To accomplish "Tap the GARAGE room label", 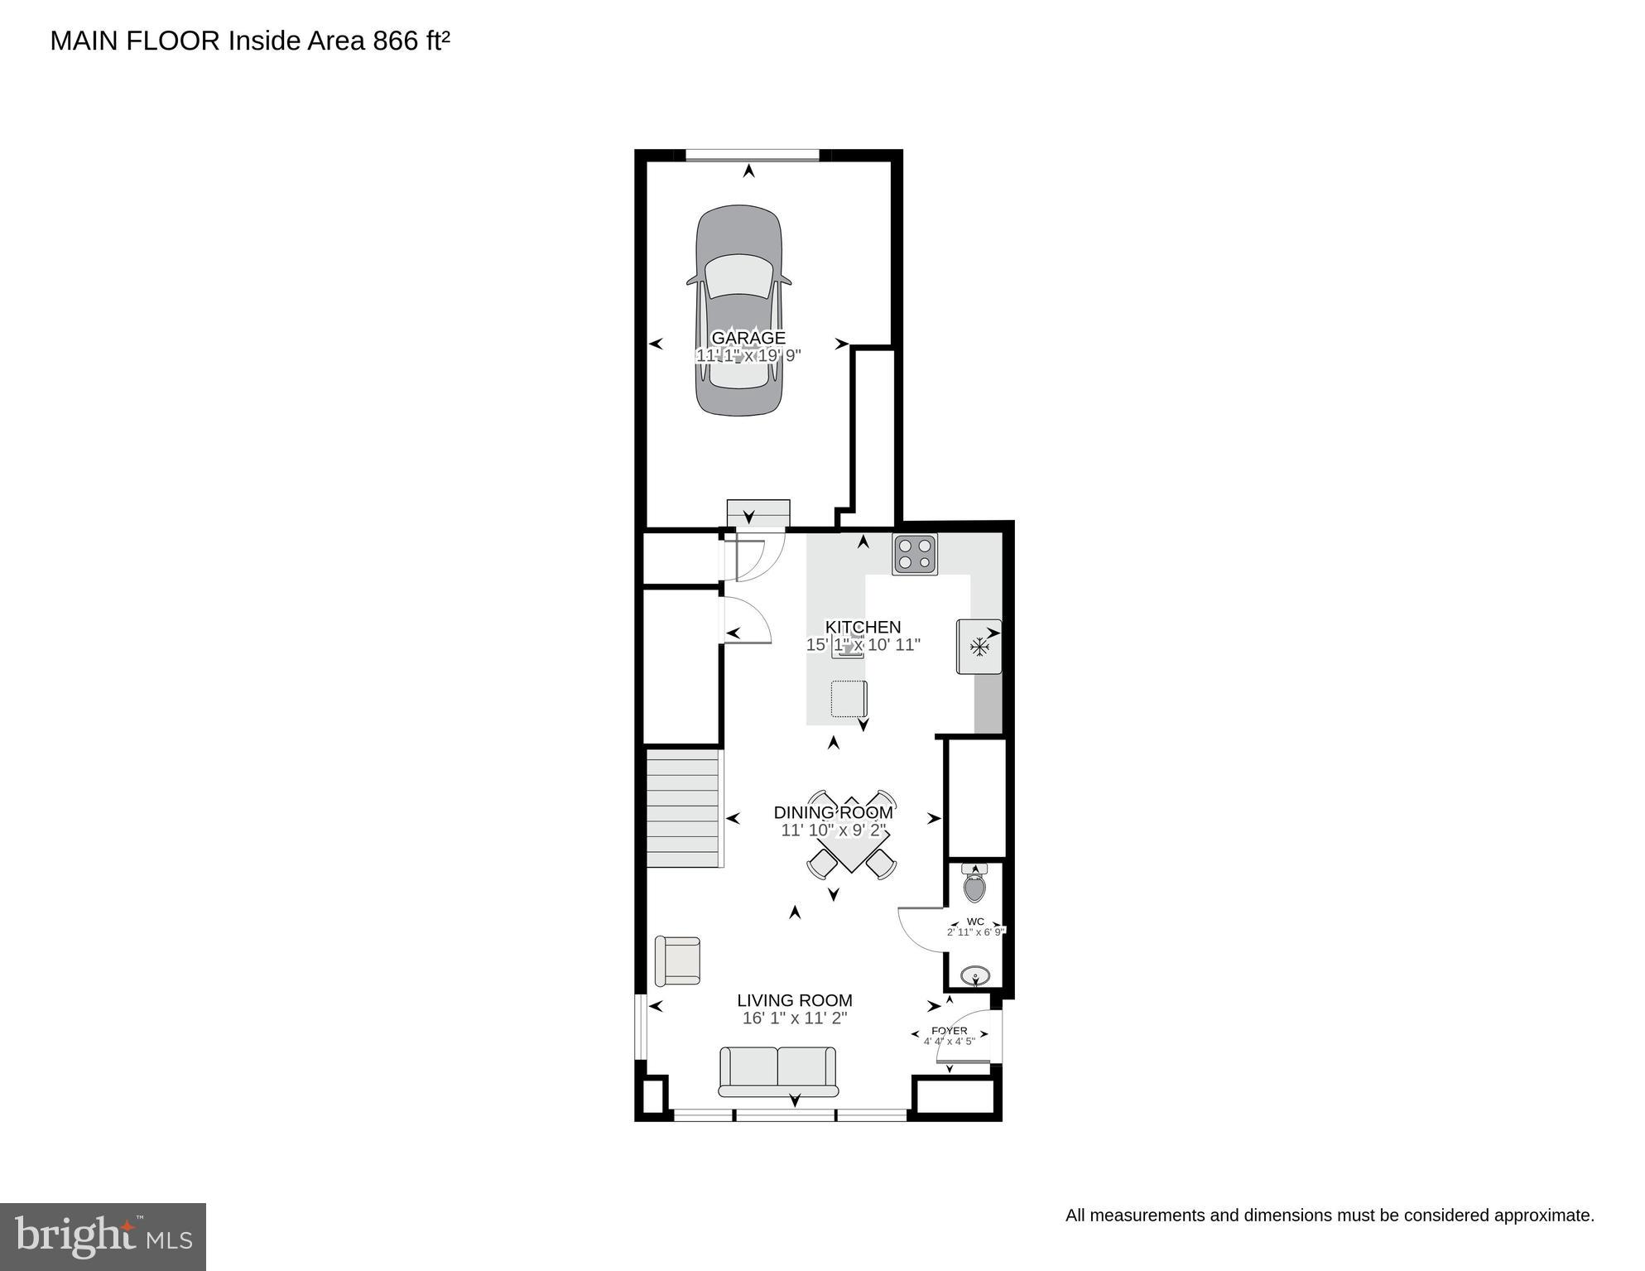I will [748, 338].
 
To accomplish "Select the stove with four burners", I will [915, 555].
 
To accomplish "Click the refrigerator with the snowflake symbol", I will [979, 646].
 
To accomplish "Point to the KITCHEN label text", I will [863, 627].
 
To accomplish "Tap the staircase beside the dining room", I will [682, 807].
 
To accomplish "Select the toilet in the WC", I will [975, 886].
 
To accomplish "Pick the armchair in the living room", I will [678, 960].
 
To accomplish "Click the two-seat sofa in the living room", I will [777, 1071].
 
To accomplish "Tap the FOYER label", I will [950, 1031].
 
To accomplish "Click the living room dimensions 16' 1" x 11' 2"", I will [795, 1018].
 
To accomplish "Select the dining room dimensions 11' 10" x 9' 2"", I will [833, 830].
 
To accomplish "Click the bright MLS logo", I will [103, 1236].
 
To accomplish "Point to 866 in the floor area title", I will [396, 41].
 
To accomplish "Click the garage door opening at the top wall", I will [753, 154].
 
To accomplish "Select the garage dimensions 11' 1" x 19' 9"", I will [748, 356].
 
